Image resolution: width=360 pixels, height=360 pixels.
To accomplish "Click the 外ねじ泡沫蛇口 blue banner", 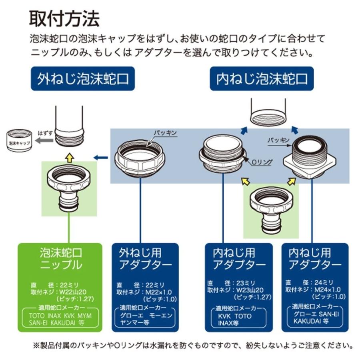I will coord(83,79).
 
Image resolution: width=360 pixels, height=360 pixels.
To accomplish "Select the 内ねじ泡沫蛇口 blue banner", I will coord(262,79).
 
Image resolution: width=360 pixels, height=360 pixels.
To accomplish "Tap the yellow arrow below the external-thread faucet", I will coord(69,156).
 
